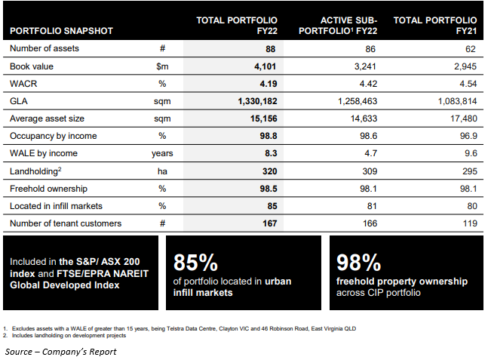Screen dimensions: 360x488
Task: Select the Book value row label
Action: click(32, 66)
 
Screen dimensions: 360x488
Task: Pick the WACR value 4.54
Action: click(467, 84)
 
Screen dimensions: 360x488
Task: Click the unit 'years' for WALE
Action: click(162, 153)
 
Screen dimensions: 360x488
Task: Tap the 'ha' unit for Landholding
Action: click(162, 171)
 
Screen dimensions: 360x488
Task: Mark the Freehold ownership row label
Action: click(47, 188)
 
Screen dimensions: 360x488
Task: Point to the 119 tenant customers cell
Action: click(469, 223)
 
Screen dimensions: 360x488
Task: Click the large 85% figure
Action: click(196, 262)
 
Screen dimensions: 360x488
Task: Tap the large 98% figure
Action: click(360, 262)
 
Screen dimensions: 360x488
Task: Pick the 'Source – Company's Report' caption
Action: click(61, 351)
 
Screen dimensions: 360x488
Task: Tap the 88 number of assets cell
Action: click(270, 48)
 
